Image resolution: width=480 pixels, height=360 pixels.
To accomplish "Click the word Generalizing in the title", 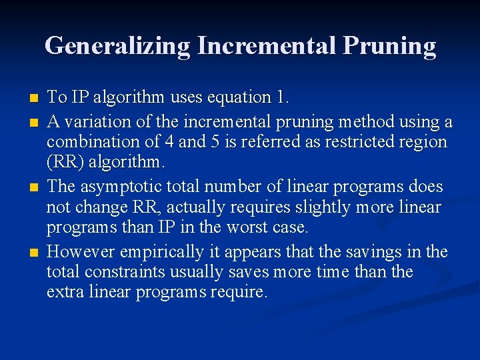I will coord(117,46).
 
